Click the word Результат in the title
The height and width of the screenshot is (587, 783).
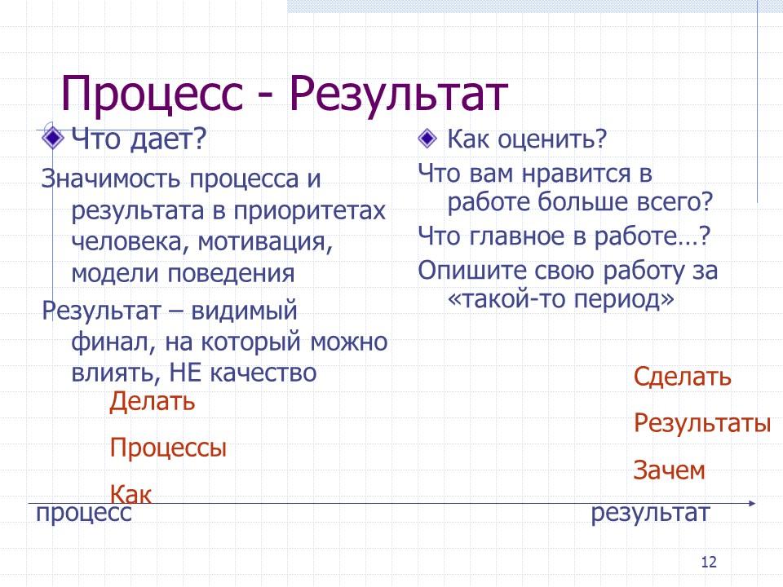coord(399,95)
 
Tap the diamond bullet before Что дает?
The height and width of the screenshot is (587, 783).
coord(53,138)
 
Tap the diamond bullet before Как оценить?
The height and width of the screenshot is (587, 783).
coord(427,139)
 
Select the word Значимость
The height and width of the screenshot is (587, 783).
coord(111,179)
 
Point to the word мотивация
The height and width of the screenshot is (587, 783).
coord(265,243)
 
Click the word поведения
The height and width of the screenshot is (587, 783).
coord(231,274)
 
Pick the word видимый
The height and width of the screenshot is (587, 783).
coord(244,311)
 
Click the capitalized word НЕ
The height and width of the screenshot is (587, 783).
coord(185,373)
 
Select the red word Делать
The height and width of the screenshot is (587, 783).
coord(153,401)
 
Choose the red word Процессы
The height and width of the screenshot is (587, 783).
coord(168,448)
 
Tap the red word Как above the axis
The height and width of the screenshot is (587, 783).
coord(130,494)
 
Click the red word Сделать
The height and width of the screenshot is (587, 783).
coord(682,377)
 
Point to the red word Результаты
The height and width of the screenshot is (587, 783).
coord(702,423)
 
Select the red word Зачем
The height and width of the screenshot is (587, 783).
coord(669,470)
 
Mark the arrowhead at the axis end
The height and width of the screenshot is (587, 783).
coord(753,503)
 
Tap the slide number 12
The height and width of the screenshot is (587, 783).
coord(709,562)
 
